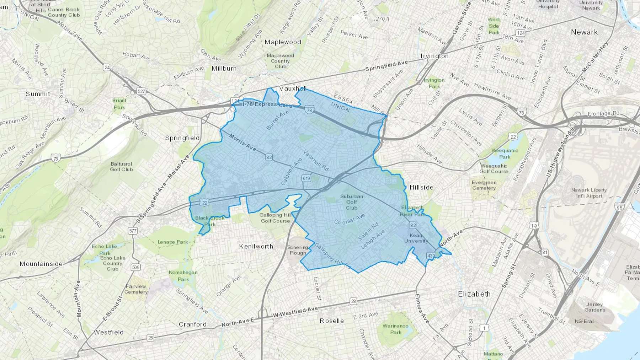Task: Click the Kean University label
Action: coord(416,238)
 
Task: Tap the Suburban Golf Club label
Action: coord(352,202)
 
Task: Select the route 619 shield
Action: coord(306,178)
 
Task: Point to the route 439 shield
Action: coord(431,256)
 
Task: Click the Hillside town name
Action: coord(421,187)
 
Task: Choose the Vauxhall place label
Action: coord(293,88)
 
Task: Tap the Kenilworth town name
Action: coord(256,246)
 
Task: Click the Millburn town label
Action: coord(224,68)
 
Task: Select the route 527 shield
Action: coord(141,91)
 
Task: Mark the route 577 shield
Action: coord(133,231)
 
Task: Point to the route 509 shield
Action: coord(135,267)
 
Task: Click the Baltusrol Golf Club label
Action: coord(121,167)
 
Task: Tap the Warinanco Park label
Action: coord(395,329)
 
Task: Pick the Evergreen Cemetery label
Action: coord(484,185)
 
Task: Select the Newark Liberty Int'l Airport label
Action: coord(589,193)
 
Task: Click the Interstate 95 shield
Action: coord(619,207)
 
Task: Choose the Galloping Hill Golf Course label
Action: coord(275,218)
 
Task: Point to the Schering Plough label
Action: coord(298,250)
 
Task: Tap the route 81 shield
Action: coord(545,252)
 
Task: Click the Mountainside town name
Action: coord(41,264)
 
